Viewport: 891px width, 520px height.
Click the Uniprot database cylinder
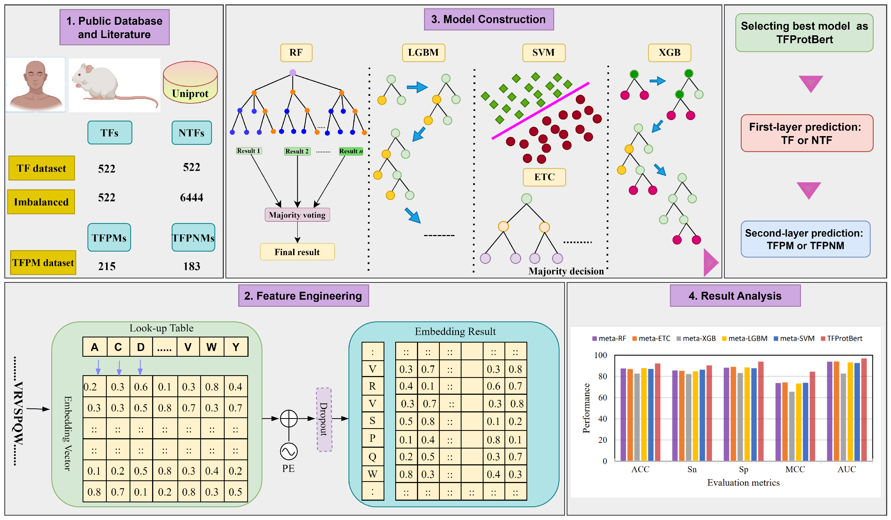point(190,82)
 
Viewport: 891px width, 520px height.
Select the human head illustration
point(35,85)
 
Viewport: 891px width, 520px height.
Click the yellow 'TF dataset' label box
point(41,168)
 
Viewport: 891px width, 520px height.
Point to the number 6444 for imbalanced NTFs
point(191,197)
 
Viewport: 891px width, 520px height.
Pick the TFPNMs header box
point(193,237)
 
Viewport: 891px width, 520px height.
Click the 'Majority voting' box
point(297,215)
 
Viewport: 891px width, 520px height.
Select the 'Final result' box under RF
point(297,252)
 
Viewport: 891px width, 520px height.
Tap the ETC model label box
point(544,177)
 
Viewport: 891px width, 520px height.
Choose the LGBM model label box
point(423,53)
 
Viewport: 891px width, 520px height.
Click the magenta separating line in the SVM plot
point(540,111)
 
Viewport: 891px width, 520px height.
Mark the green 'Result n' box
point(351,151)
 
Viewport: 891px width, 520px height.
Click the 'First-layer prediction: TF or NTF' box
point(807,133)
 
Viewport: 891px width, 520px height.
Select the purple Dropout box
point(324,419)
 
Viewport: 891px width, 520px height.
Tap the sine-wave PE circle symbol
point(288,452)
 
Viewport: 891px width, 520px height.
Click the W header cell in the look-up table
point(211,347)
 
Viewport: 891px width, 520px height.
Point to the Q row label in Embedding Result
point(372,457)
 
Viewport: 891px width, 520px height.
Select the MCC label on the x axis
point(795,469)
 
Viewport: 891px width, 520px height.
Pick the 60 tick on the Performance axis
point(602,398)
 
